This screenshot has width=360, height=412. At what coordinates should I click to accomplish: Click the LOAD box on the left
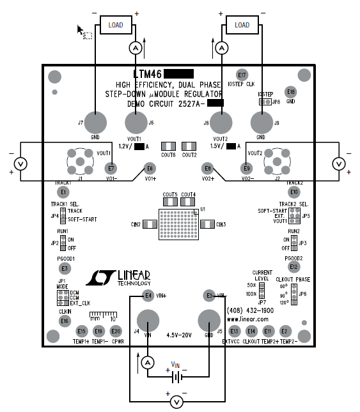tap(115, 26)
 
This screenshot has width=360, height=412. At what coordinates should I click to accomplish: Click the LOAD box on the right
tap(242, 26)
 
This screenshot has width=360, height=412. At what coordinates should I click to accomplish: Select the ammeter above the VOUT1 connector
tap(135, 48)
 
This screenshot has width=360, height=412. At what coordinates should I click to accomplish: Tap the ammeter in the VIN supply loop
tap(148, 362)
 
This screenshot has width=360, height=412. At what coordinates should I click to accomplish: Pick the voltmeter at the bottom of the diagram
tap(178, 401)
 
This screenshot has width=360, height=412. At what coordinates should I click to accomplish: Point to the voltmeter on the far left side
tap(20, 164)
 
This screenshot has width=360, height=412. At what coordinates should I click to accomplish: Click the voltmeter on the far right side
tap(340, 164)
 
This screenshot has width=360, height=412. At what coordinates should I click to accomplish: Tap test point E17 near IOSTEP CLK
tap(242, 75)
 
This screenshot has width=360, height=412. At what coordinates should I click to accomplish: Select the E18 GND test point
tap(291, 91)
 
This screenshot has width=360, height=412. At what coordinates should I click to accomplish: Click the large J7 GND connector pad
tap(97, 123)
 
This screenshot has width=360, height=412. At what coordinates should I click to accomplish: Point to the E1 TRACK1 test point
tap(63, 192)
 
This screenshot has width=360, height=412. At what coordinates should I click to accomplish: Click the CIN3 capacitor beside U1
tap(207, 224)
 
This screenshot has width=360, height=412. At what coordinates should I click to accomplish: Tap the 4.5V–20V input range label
tap(180, 335)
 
